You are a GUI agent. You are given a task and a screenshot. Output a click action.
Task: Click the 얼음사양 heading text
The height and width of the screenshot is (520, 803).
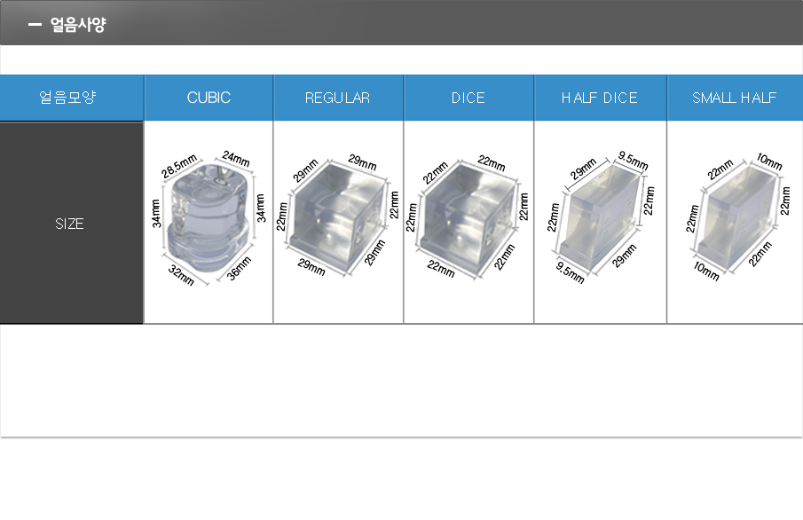point(78,24)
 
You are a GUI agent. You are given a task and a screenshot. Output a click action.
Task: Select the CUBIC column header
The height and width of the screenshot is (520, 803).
point(209,98)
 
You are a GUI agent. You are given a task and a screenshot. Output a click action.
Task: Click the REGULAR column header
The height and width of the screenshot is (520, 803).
point(338,98)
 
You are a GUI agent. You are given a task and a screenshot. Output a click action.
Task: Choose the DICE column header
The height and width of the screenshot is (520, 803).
point(468,98)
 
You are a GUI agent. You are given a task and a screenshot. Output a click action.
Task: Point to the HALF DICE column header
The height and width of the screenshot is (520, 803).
point(600,98)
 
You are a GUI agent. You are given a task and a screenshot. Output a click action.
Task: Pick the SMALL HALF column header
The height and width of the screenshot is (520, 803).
point(735,98)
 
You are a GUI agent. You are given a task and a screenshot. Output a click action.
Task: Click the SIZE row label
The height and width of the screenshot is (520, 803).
point(69,224)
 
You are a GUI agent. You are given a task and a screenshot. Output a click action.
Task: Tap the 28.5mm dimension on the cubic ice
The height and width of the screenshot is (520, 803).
point(178,166)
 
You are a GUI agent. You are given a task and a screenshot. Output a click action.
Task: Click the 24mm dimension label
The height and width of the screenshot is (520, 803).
point(236,158)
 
